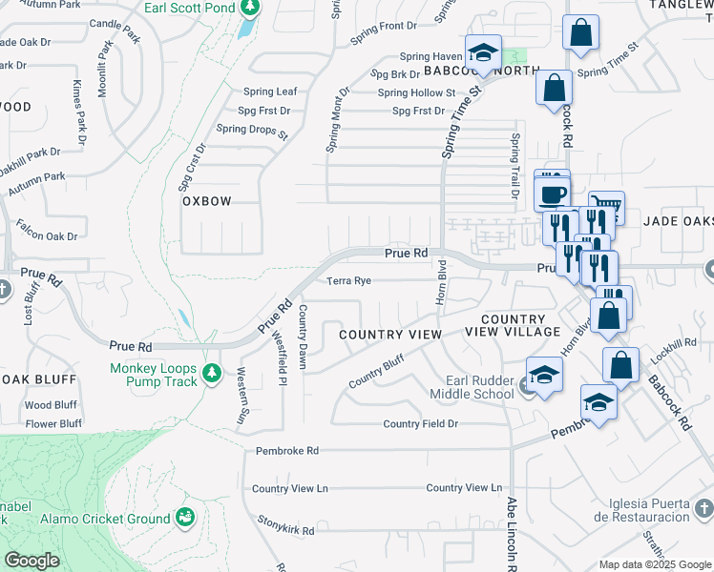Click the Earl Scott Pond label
[x=188, y=8]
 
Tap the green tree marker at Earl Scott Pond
[x=250, y=8]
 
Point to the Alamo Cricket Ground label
[x=105, y=520]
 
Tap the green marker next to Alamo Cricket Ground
[x=185, y=519]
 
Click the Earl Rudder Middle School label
[x=467, y=387]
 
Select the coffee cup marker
[x=552, y=194]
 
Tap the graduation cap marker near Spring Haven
[x=484, y=55]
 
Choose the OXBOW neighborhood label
[x=207, y=202]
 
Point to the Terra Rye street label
[x=348, y=281]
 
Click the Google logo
[x=31, y=561]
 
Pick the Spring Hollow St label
[x=416, y=92]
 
